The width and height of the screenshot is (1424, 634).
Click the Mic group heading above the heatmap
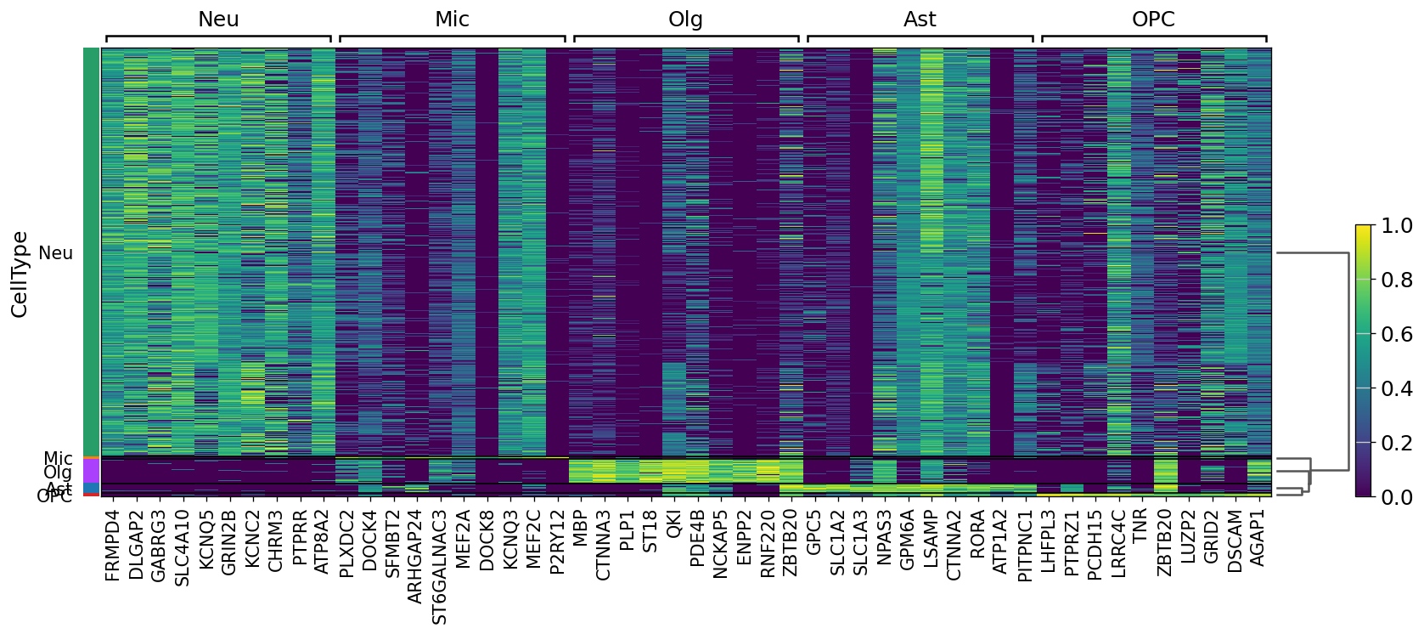click(x=452, y=20)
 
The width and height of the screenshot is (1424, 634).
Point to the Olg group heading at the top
click(x=685, y=20)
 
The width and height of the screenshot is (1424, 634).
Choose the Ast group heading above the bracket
click(x=920, y=20)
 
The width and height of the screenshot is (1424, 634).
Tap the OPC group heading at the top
click(x=1153, y=20)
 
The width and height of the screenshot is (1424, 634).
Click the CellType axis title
click(x=20, y=274)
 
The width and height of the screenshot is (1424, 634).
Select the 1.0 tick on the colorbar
click(x=1397, y=226)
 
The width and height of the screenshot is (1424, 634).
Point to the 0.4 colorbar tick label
click(x=1397, y=388)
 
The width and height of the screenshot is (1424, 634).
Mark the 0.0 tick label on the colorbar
click(x=1397, y=496)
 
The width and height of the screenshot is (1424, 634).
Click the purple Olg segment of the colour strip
click(x=92, y=471)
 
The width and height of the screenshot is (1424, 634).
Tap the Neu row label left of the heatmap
click(x=56, y=253)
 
